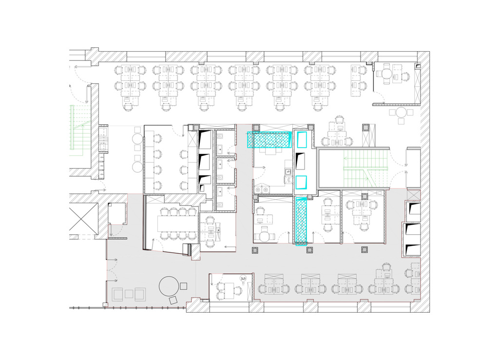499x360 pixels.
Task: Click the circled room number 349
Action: [x=243, y=278]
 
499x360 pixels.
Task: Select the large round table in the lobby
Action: [x=169, y=286]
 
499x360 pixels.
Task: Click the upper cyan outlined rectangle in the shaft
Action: [x=301, y=139]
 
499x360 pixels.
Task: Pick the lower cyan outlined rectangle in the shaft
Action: [x=302, y=183]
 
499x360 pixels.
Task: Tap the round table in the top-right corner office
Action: [x=387, y=74]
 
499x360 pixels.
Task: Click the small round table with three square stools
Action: [x=402, y=113]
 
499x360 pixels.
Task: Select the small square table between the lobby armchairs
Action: [x=129, y=294]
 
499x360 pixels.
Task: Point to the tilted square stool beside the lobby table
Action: [x=173, y=301]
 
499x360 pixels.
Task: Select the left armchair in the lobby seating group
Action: [x=117, y=294]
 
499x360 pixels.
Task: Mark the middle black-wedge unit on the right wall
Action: [x=412, y=231]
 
